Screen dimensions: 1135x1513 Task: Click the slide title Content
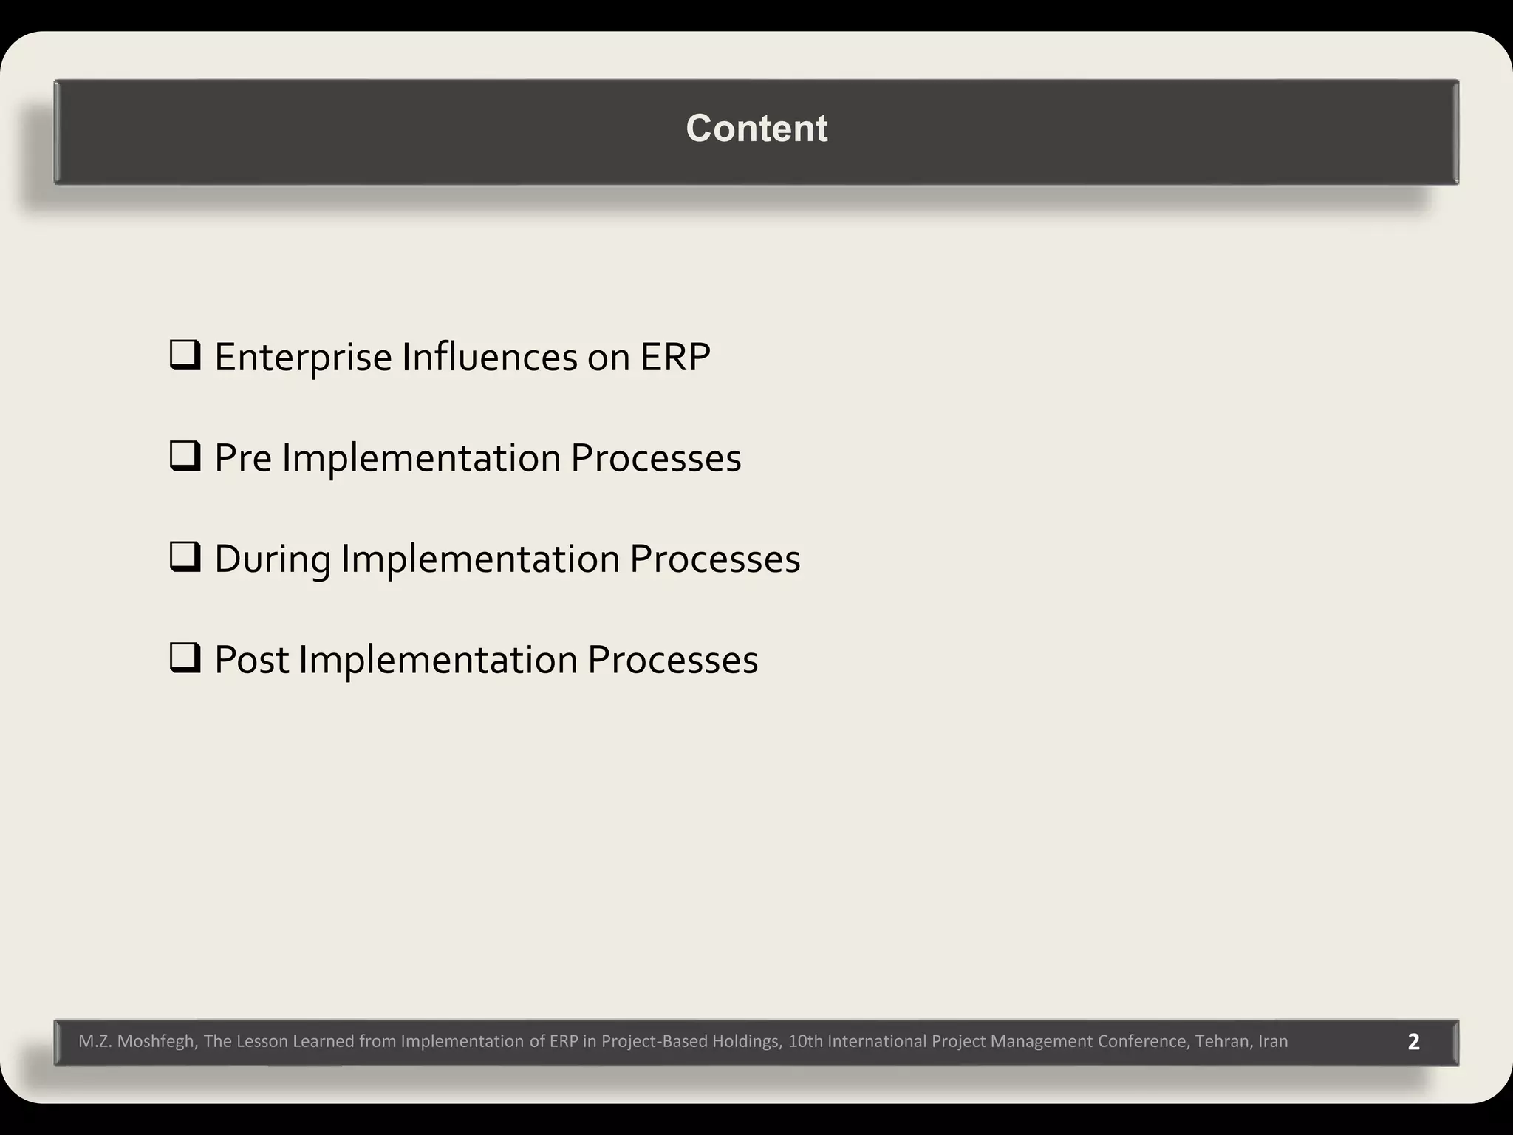[756, 129]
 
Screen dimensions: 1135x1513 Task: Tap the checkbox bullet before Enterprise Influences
[185, 355]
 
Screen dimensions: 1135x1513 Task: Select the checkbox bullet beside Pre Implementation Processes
[185, 457]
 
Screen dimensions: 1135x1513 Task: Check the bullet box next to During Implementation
[185, 557]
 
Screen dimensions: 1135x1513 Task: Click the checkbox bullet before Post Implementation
[185, 658]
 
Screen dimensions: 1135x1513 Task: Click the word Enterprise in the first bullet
[303, 358]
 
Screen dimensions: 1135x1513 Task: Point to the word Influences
[490, 358]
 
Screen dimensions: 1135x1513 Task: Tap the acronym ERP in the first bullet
[674, 358]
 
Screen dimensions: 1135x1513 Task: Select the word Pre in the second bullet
[243, 458]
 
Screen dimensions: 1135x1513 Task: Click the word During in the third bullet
[272, 559]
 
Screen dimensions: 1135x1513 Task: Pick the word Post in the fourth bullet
[251, 660]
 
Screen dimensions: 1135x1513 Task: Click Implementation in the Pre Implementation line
[421, 458]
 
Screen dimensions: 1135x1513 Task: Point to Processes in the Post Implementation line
[672, 660]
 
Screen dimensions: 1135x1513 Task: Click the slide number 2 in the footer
[1413, 1042]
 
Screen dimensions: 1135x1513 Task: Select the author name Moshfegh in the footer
[157, 1042]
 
